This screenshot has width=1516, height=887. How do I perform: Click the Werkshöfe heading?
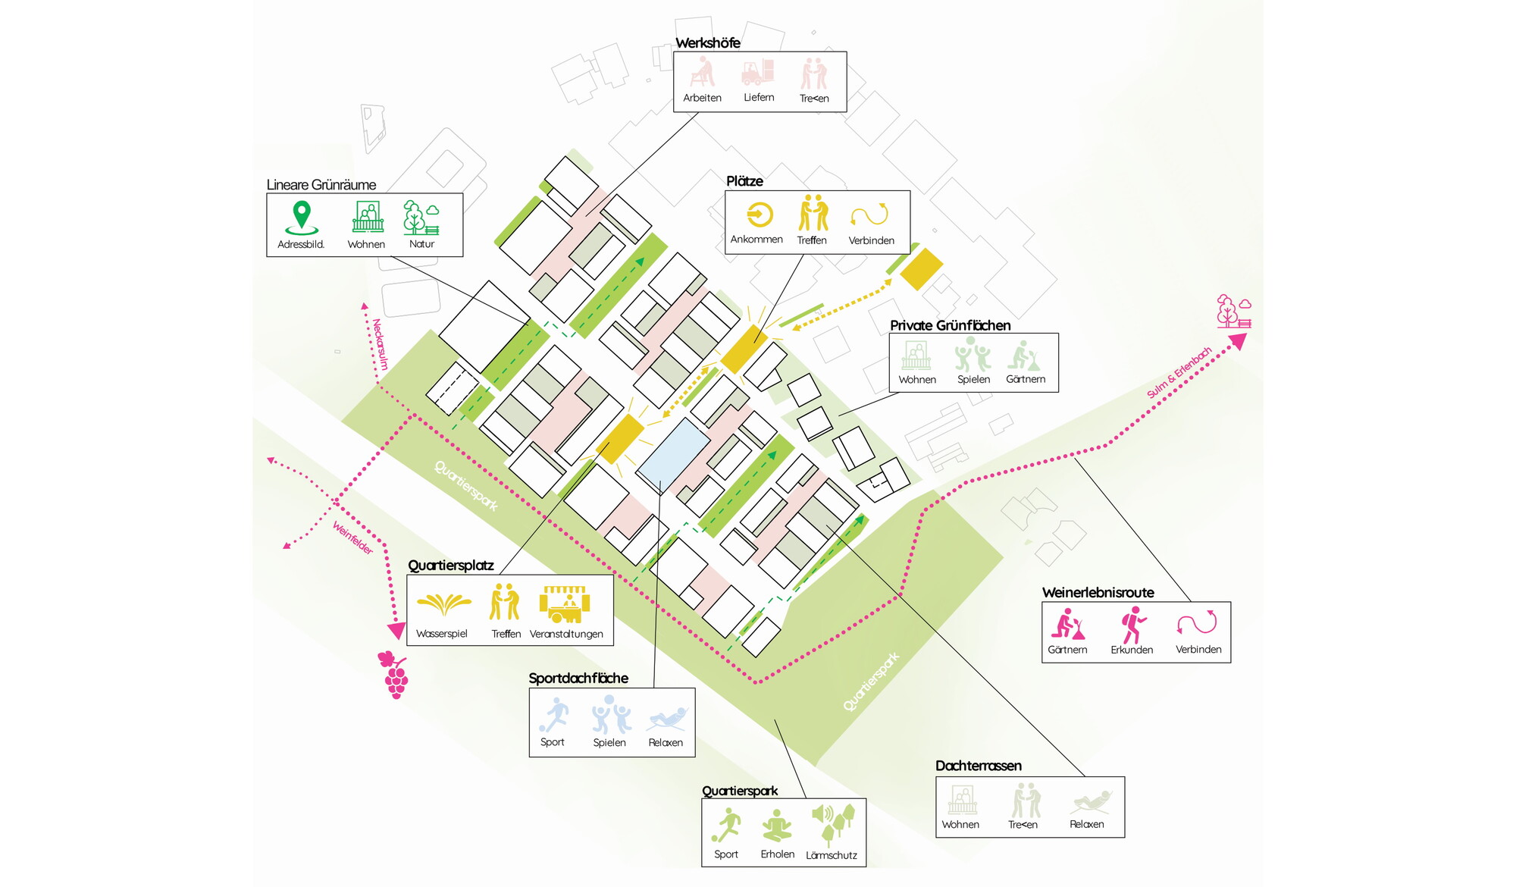pyautogui.click(x=707, y=43)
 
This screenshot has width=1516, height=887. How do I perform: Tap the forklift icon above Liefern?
pyautogui.click(x=757, y=73)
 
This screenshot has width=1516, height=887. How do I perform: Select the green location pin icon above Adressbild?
pyautogui.click(x=302, y=218)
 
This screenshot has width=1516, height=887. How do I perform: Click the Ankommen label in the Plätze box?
pyautogui.click(x=756, y=240)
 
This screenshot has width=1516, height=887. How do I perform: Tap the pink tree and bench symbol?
pyautogui.click(x=1233, y=312)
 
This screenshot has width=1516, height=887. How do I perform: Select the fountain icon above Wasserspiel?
pyautogui.click(x=443, y=604)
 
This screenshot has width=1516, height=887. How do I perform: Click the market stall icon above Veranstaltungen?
pyautogui.click(x=565, y=603)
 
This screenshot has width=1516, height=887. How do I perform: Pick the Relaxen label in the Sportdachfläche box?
pyautogui.click(x=666, y=743)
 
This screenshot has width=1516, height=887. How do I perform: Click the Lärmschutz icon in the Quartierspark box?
pyautogui.click(x=833, y=825)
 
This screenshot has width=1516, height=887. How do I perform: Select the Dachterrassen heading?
pyautogui.click(x=979, y=766)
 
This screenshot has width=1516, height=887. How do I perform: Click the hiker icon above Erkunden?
pyautogui.click(x=1133, y=625)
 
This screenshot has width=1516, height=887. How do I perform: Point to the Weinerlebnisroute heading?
pyautogui.click(x=1098, y=593)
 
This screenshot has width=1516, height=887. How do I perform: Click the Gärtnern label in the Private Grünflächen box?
pyautogui.click(x=1026, y=379)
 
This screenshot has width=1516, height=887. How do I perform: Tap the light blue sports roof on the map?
pyautogui.click(x=673, y=454)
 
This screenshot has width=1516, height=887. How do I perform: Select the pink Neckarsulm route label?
pyautogui.click(x=380, y=344)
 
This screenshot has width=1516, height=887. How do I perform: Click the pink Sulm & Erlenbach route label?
pyautogui.click(x=1179, y=372)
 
